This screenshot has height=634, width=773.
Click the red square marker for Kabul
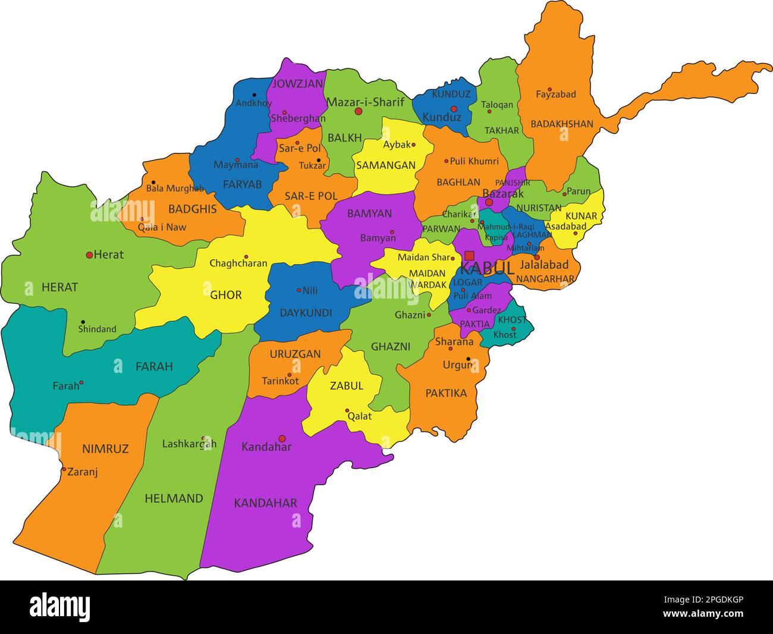click(469, 256)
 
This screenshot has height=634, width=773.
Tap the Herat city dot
click(89, 255)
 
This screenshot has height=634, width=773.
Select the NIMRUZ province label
click(105, 449)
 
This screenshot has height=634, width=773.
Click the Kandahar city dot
click(282, 438)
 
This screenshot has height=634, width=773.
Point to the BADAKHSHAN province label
click(562, 124)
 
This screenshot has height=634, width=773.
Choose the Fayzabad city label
click(555, 95)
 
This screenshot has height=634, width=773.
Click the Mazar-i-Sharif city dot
click(359, 111)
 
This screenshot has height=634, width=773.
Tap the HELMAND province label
click(174, 498)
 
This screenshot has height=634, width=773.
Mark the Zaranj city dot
click(64, 469)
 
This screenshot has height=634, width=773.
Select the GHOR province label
click(226, 294)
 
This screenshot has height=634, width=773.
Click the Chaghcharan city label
click(238, 263)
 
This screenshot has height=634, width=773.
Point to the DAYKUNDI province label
click(306, 313)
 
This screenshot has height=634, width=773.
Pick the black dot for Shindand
click(83, 322)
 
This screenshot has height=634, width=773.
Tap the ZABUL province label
click(346, 385)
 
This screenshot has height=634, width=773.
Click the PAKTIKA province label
click(446, 393)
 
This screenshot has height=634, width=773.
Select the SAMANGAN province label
click(385, 165)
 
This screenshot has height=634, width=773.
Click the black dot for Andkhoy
click(254, 95)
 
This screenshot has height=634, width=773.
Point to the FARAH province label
click(154, 366)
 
